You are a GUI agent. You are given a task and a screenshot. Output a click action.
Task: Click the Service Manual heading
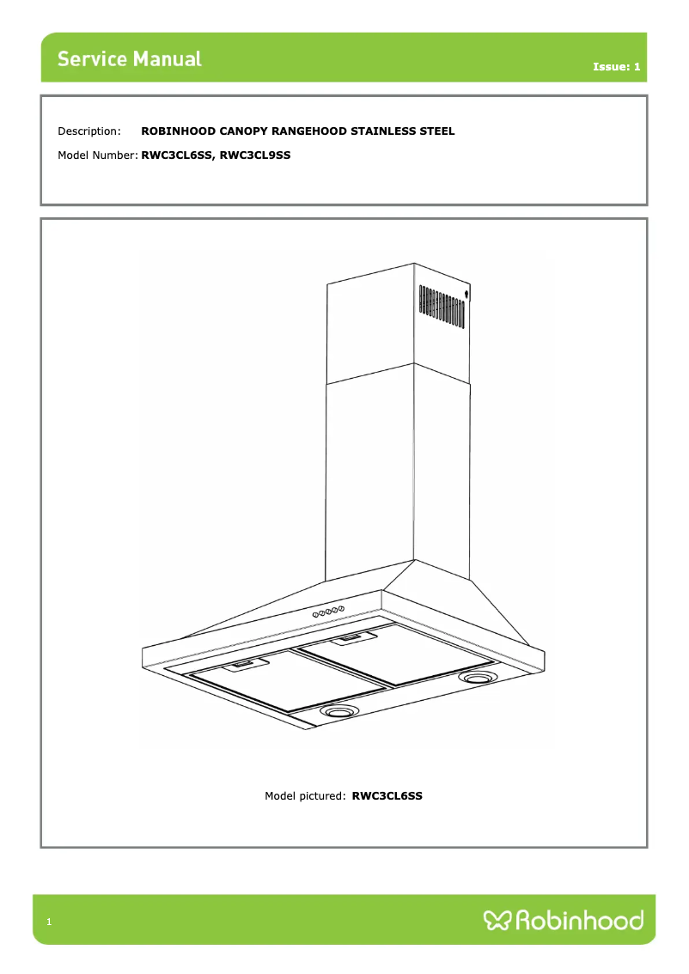(x=130, y=59)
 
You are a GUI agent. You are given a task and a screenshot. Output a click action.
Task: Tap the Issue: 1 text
(x=616, y=66)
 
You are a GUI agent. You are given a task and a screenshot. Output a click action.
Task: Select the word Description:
(x=89, y=131)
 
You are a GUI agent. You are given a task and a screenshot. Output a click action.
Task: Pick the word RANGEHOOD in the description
(x=309, y=131)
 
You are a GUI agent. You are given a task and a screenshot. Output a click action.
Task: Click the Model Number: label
(x=97, y=155)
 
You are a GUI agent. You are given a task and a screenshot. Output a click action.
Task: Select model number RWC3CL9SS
(x=255, y=155)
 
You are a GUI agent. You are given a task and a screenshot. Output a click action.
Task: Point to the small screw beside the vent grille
(x=466, y=295)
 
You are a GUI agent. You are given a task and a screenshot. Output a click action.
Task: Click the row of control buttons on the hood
(x=327, y=611)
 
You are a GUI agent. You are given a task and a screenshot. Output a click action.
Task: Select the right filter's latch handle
(x=351, y=637)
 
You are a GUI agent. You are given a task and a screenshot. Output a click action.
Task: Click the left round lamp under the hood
(x=340, y=712)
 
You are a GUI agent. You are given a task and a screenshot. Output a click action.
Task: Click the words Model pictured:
(x=305, y=796)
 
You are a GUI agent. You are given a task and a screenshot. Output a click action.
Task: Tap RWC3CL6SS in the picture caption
(x=387, y=796)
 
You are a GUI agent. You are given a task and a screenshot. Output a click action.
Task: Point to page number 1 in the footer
(x=49, y=922)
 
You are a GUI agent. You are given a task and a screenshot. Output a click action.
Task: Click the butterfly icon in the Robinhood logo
(x=497, y=922)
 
